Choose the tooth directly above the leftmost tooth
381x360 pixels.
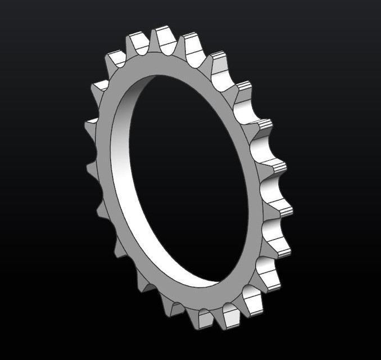[x=98, y=88]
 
